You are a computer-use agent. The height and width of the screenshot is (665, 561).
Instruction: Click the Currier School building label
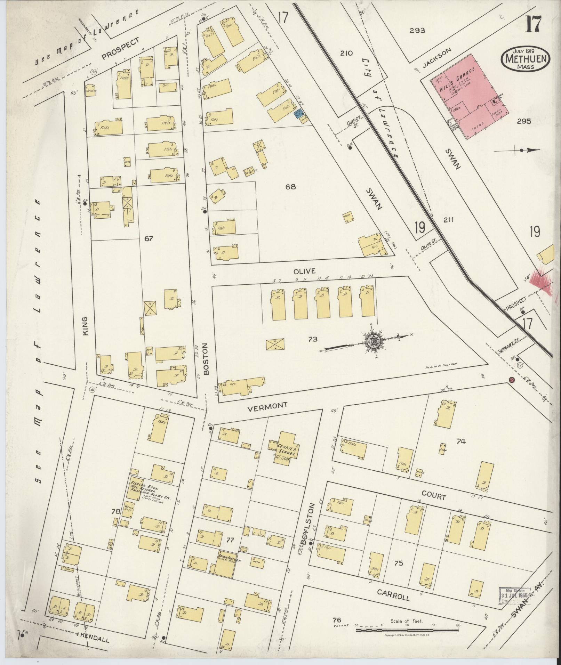(x=287, y=450)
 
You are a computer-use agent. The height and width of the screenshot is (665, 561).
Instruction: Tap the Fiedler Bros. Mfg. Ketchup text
(x=150, y=490)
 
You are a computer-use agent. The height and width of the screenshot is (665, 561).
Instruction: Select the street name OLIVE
(x=304, y=271)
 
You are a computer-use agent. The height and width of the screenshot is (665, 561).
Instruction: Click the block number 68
(x=290, y=187)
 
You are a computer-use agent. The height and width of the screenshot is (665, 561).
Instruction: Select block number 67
(x=149, y=238)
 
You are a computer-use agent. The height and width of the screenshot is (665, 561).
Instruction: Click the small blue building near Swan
(x=298, y=113)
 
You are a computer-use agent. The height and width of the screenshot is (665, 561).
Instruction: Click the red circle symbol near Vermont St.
(x=511, y=380)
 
